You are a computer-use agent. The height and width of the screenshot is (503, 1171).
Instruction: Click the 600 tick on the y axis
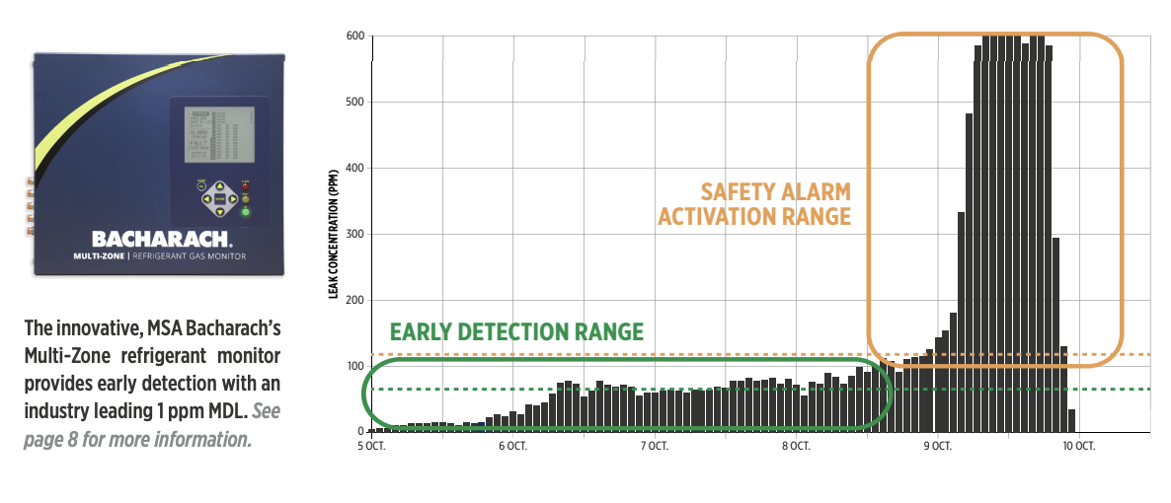353,36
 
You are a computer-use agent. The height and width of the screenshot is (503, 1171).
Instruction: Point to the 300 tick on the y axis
353,234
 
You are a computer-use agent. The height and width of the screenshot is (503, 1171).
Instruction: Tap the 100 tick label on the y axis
353,366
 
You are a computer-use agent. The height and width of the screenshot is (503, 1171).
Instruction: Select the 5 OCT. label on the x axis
372,446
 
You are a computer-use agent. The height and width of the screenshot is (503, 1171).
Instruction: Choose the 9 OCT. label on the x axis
937,446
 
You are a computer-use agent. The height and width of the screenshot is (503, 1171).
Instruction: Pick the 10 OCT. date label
1078,446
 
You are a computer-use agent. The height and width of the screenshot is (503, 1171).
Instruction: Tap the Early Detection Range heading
516,331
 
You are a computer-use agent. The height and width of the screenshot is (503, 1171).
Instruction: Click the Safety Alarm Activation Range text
754,203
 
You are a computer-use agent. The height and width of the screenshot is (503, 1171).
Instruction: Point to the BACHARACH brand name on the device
163,239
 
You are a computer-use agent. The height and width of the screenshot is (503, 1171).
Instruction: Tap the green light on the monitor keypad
246,211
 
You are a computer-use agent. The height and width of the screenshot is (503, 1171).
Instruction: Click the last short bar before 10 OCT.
1072,420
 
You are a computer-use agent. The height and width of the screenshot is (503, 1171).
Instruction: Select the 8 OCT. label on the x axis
796,446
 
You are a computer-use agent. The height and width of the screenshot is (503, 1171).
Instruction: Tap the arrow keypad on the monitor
219,198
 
